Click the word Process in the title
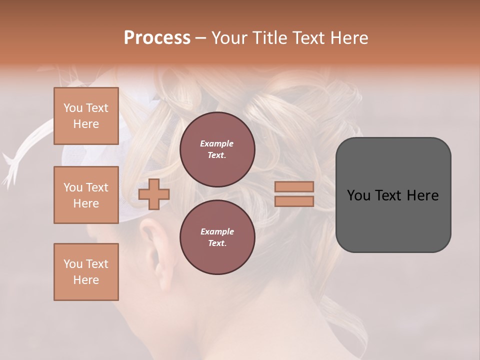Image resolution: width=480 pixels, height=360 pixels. (157, 38)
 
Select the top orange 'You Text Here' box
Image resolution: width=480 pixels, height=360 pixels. (86, 116)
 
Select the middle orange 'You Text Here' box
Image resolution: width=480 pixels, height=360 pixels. (86, 195)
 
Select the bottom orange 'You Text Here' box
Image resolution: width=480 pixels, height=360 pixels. (86, 272)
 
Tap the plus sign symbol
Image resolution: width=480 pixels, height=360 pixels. (153, 194)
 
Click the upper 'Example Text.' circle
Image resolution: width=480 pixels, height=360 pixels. (217, 149)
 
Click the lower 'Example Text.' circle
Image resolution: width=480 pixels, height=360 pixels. (217, 237)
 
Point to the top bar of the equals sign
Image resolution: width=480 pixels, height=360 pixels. (294, 187)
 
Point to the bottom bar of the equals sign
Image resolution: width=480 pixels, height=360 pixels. (294, 201)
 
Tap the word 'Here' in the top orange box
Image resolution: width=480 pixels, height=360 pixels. (86, 124)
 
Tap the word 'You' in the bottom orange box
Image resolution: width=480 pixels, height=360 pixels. (72, 264)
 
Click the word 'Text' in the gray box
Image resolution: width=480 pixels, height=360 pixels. (392, 195)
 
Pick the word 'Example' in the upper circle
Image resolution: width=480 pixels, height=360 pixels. (217, 144)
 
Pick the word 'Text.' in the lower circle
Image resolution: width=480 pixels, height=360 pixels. (217, 243)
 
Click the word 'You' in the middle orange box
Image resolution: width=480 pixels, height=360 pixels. (72, 187)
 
